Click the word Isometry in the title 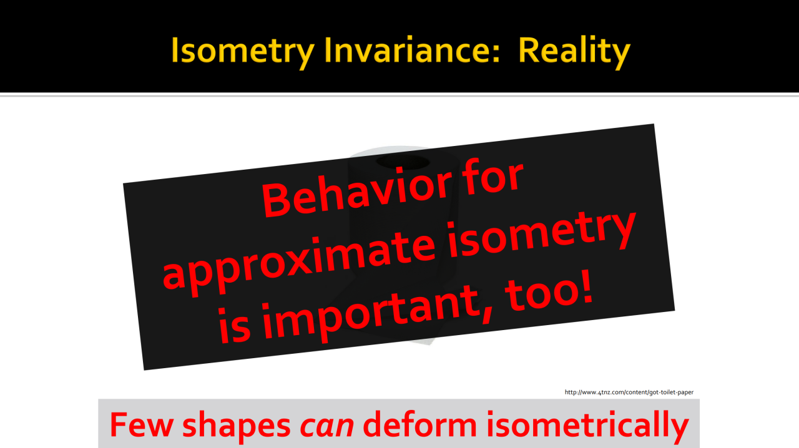tap(243, 52)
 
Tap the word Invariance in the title tap(406, 51)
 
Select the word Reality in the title tap(574, 52)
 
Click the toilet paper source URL tap(629, 392)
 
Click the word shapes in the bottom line tap(237, 426)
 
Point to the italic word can tap(326, 427)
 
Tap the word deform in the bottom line tap(420, 424)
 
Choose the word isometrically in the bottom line tap(587, 426)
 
